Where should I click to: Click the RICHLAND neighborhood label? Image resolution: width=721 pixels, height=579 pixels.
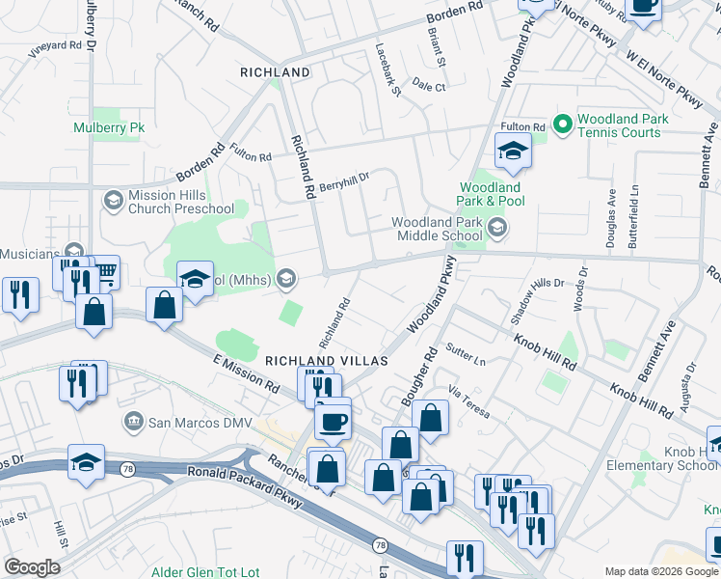[275, 72]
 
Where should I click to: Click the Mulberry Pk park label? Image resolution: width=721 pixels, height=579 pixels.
[109, 127]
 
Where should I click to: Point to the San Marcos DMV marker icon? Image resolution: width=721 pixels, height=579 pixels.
[134, 422]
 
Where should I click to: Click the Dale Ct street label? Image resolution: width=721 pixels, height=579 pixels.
[429, 87]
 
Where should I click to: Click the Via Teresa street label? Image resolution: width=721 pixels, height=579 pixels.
[469, 402]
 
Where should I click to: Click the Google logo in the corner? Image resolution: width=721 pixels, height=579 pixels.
[32, 567]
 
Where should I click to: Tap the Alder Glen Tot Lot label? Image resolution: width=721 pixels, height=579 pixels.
[205, 572]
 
